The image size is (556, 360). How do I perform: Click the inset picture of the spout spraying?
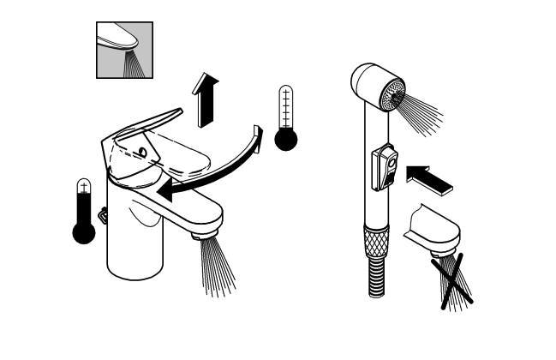(x=124, y=50)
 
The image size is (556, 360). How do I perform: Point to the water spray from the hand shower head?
(x=424, y=111)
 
